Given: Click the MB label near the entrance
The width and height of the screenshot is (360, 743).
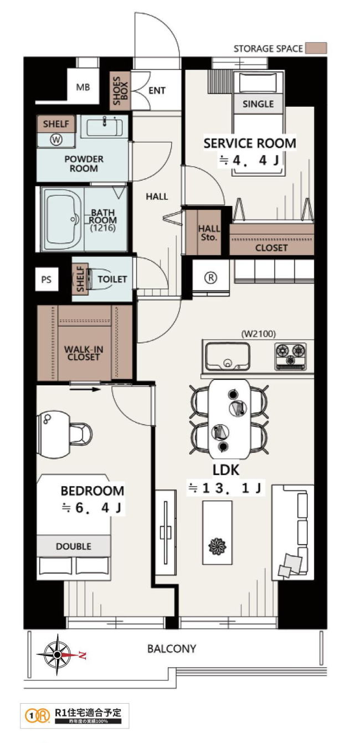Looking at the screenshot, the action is [x=83, y=87].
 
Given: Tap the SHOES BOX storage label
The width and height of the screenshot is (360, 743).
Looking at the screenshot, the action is [x=120, y=91].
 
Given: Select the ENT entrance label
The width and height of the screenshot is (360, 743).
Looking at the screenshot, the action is [x=157, y=91].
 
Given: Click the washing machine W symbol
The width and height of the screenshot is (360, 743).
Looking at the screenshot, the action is [x=56, y=140].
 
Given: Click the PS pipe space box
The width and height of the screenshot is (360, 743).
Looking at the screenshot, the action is [x=47, y=279].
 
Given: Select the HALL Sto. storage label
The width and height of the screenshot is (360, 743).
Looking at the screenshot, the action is [x=209, y=233].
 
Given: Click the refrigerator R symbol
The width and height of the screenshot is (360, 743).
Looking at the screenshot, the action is [x=210, y=277].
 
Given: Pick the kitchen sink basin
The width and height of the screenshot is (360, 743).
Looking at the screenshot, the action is [x=227, y=357].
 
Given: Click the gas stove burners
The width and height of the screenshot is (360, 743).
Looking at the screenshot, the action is [x=290, y=356].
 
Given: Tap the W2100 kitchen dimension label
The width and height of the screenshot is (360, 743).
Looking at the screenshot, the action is [x=259, y=334].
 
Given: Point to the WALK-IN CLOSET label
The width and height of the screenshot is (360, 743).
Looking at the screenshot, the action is [x=84, y=353].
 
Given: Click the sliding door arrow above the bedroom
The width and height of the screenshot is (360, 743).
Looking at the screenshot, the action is [x=85, y=389].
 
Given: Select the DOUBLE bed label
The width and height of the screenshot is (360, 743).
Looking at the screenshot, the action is [x=73, y=546].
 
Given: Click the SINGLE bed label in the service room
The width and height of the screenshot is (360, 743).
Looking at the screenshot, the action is [x=258, y=104].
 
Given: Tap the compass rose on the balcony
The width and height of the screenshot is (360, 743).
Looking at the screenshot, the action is [x=58, y=655].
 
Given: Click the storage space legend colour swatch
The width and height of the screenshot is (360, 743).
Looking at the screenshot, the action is [x=316, y=48].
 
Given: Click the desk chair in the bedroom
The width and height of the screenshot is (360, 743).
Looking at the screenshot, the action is [x=81, y=433].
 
